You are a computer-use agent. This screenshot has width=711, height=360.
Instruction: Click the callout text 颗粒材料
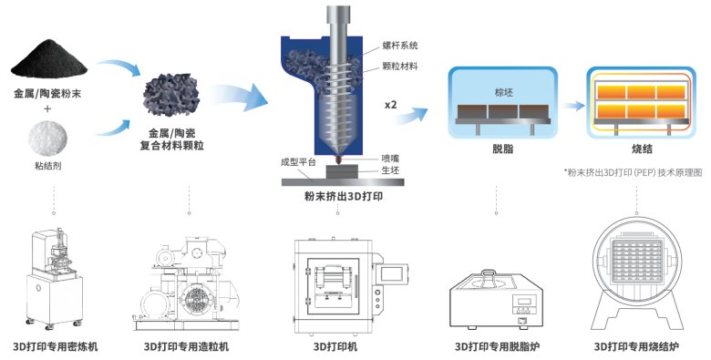tap(394, 65)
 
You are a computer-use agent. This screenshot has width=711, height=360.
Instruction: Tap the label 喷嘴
tap(389, 158)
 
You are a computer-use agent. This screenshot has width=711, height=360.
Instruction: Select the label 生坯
tap(389, 170)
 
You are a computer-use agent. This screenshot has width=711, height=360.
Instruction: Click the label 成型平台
tap(298, 161)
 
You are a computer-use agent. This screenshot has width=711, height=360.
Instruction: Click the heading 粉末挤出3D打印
tap(338, 195)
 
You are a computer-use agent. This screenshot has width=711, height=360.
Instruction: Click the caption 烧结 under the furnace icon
tap(634, 149)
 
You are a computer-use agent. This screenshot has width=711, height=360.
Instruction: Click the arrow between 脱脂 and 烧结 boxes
tap(571, 105)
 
